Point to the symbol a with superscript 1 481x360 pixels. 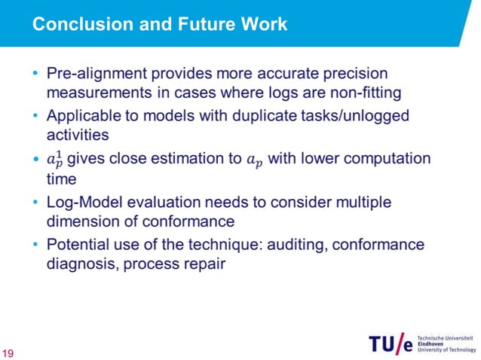[55, 160]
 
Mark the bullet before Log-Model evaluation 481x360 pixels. [35, 203]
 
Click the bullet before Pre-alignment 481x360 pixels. [35, 75]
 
